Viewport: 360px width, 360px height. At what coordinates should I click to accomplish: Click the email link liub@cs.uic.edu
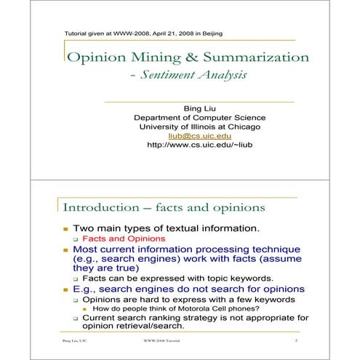pyautogui.click(x=200, y=135)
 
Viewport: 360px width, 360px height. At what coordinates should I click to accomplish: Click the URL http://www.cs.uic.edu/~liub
pyautogui.click(x=199, y=145)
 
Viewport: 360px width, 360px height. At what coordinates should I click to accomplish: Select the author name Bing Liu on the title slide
pyautogui.click(x=200, y=108)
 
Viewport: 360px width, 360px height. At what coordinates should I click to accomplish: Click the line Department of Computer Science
pyautogui.click(x=200, y=117)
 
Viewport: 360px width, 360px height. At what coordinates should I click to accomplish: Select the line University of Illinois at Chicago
pyautogui.click(x=200, y=127)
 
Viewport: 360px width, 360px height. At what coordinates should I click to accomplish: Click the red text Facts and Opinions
pyautogui.click(x=124, y=238)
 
